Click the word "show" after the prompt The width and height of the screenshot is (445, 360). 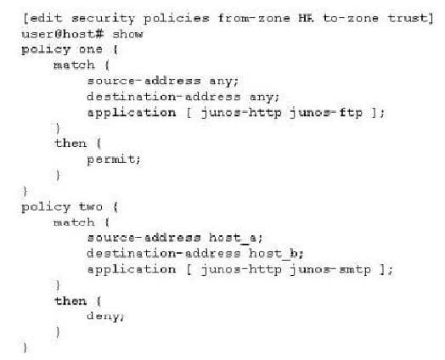(x=127, y=34)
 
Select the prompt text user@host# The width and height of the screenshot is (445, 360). (x=63, y=34)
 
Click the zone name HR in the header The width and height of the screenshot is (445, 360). (x=306, y=19)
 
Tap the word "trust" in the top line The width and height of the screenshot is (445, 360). (x=408, y=19)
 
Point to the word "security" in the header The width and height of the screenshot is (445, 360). (x=103, y=19)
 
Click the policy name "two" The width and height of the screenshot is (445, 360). (x=91, y=207)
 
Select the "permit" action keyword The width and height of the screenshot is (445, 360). (x=114, y=160)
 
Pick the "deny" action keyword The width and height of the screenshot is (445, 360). (x=105, y=317)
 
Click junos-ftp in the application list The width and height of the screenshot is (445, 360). (x=326, y=113)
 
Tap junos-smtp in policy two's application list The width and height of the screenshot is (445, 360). (x=330, y=270)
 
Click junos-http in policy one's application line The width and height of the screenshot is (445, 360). (x=241, y=113)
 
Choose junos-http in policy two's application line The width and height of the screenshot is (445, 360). (x=241, y=270)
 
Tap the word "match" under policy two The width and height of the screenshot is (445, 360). (x=74, y=222)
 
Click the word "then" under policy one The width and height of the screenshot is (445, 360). (x=70, y=143)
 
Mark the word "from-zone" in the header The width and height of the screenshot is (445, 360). (x=254, y=19)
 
